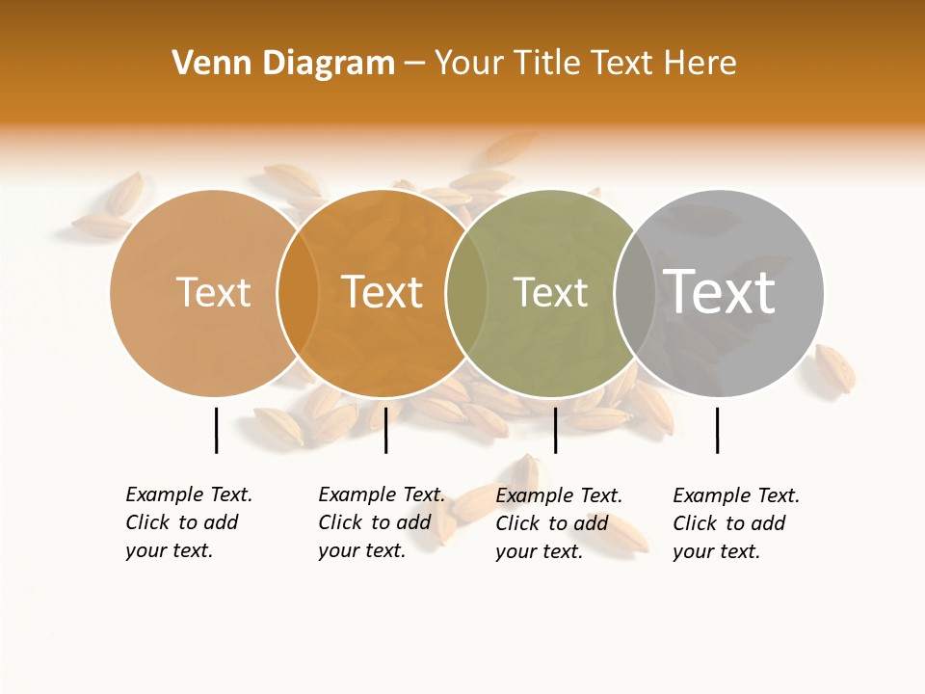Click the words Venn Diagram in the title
283,63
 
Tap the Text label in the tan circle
213,292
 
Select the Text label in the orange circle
382,292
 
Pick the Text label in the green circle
550,292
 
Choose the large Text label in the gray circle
719,291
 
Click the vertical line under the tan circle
216,430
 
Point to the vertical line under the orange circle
385,430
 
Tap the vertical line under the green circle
555,430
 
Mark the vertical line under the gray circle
717,430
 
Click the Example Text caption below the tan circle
188,521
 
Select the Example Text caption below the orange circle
381,521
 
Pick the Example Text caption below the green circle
558,522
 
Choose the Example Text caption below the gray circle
735,522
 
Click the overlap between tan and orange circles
298,292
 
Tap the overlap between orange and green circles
466,292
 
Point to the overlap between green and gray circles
635,292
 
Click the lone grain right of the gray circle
834,367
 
